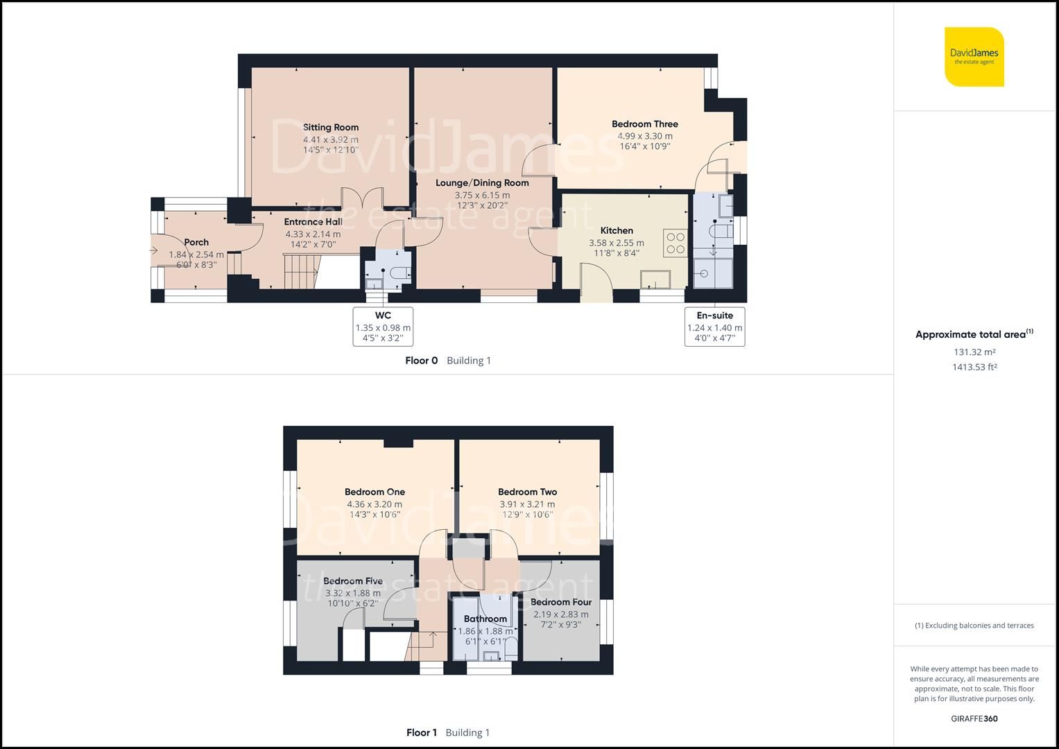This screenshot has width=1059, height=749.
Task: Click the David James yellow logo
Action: [x=974, y=57]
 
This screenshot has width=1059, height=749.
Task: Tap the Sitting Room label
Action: [x=331, y=127]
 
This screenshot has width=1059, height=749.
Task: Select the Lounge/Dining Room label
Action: [x=482, y=183]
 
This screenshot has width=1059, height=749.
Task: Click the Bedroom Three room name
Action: [x=645, y=124]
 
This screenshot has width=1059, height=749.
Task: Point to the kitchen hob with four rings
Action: [x=675, y=243]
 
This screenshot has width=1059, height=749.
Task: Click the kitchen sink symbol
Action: [x=655, y=279]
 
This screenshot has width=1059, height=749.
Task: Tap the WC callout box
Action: [x=383, y=327]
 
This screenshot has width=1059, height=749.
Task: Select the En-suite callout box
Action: [x=714, y=327]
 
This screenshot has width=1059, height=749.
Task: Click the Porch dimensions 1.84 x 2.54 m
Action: [x=196, y=255]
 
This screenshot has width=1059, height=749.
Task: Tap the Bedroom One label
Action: [x=374, y=492]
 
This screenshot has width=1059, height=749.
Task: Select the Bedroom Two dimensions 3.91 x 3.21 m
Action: [x=527, y=504]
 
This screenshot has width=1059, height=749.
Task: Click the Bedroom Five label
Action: [x=353, y=580]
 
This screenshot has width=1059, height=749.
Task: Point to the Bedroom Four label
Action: [x=561, y=602]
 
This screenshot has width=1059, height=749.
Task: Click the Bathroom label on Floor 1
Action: [x=485, y=619]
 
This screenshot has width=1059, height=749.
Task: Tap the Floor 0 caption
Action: [x=422, y=361]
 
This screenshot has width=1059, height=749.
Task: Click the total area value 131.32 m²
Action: [x=974, y=352]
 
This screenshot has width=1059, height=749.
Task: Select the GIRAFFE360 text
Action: [x=974, y=718]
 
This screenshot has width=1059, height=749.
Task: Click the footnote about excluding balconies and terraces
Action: [x=974, y=626]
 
